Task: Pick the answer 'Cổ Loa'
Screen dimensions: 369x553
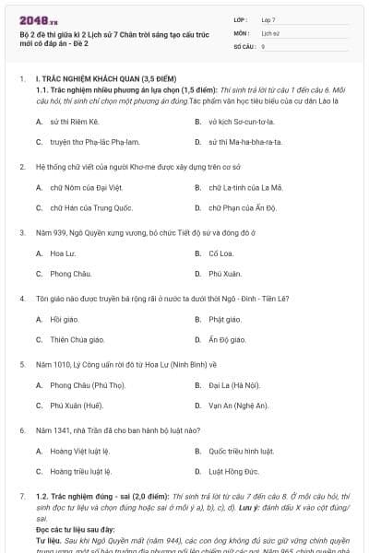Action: point(220,253)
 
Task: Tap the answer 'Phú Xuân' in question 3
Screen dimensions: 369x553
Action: point(225,273)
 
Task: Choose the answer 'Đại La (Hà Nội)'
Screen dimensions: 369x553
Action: point(234,384)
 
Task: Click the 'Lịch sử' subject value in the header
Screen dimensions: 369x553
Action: point(269,32)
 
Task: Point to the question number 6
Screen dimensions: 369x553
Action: point(22,430)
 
